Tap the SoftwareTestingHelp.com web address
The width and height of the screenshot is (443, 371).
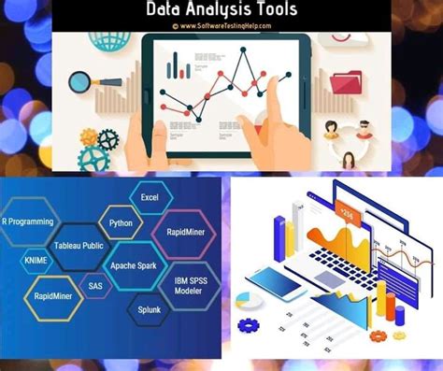click(221, 25)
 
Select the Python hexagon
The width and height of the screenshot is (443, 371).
click(120, 224)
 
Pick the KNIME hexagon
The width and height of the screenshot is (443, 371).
click(36, 259)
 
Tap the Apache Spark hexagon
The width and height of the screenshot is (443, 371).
click(133, 265)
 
